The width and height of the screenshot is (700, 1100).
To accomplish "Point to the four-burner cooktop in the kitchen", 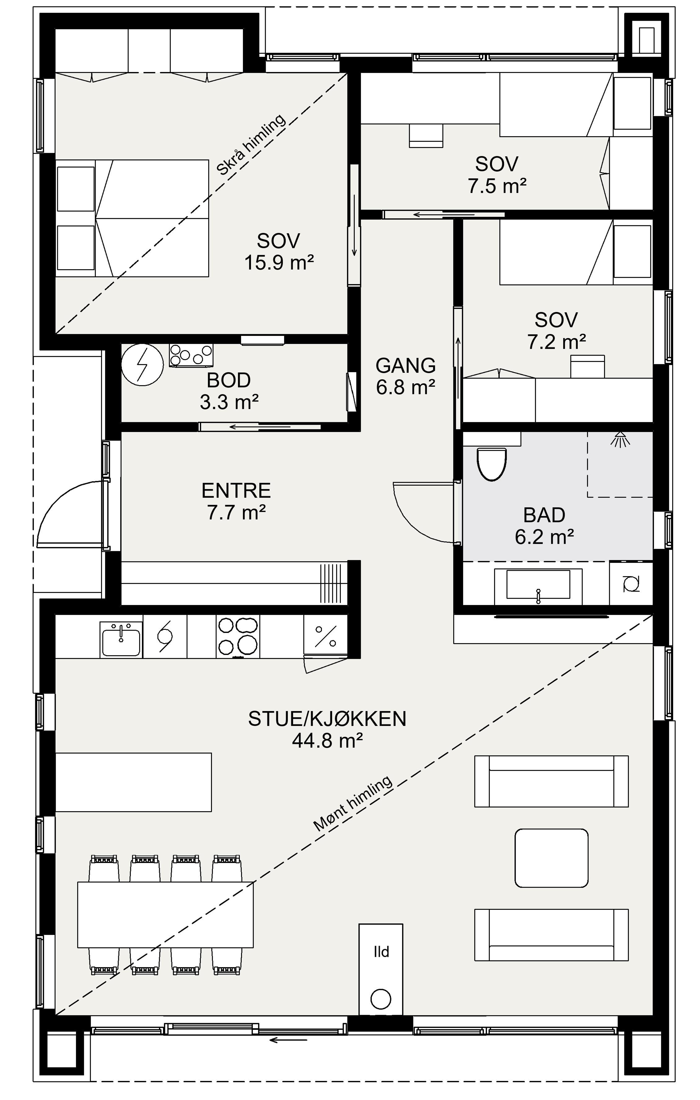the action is pos(237,636).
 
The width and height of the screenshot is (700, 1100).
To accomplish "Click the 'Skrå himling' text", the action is pos(251,144).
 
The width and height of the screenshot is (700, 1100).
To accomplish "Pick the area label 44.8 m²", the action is pos(327,741).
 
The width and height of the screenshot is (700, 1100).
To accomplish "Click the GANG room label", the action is pos(406,366).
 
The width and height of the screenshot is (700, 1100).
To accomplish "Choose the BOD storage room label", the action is pos(229,380).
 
